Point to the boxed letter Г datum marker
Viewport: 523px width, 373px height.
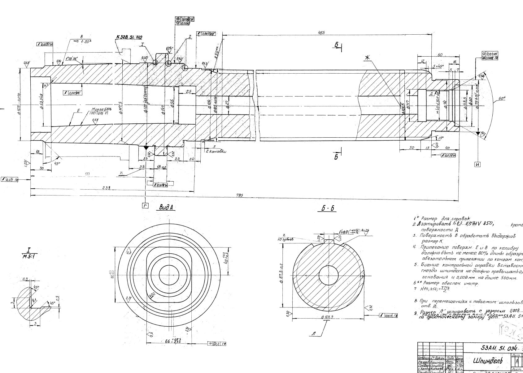[x=145, y=206]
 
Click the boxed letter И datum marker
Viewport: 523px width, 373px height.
[x=477, y=165]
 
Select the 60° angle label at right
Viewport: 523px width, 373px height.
[x=502, y=99]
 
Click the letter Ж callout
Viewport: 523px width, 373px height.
[x=368, y=58]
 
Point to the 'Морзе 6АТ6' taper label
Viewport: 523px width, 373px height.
[x=99, y=109]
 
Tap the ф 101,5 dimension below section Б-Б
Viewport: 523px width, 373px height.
[x=327, y=317]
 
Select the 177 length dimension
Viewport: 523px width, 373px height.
[x=87, y=174]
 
